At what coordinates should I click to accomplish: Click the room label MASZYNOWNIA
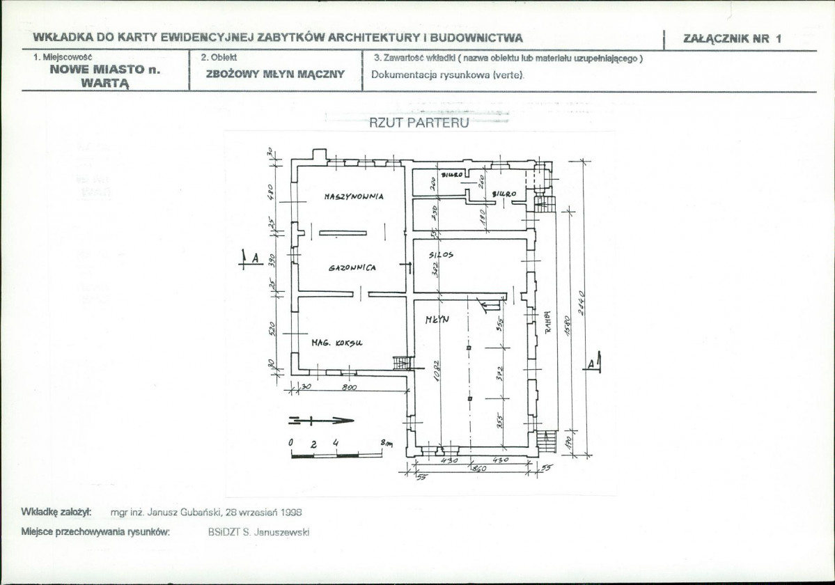[354, 197]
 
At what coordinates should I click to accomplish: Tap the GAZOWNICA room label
[352, 268]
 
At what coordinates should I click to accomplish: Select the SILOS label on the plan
[442, 256]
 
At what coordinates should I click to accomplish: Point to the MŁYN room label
[437, 319]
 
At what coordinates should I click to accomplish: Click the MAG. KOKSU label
[336, 343]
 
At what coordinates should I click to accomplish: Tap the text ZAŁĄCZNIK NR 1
[733, 38]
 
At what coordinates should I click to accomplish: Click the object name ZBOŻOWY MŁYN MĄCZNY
[275, 74]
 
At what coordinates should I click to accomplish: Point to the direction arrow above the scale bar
[320, 420]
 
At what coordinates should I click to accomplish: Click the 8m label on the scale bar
[387, 443]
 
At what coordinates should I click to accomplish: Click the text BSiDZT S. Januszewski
[258, 532]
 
